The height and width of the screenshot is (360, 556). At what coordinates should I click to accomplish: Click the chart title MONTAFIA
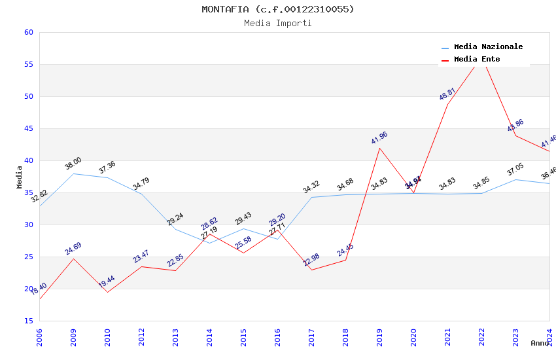(278, 9)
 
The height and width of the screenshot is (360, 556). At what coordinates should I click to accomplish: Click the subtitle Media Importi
(278, 24)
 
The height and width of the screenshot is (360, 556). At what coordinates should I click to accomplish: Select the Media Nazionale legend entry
(488, 46)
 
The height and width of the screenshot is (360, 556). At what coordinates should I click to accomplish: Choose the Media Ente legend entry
(477, 59)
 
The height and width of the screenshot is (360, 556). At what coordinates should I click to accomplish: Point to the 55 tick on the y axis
(28, 64)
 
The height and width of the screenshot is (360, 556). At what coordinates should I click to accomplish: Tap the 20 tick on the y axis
(28, 289)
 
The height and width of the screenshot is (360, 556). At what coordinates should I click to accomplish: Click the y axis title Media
(20, 177)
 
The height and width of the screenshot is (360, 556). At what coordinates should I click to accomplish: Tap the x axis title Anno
(540, 343)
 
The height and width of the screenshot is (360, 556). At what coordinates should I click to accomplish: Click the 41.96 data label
(379, 137)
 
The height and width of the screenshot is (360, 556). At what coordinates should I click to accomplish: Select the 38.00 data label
(73, 164)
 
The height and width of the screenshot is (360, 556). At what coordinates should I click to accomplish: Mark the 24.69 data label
(73, 249)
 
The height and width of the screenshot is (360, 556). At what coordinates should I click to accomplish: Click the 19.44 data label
(107, 281)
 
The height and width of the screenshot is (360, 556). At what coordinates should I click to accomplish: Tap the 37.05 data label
(515, 170)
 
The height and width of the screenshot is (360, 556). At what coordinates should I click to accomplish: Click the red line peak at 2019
(379, 148)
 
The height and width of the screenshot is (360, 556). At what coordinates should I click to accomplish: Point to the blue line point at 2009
(73, 173)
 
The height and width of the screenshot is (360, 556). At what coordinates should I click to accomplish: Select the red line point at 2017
(311, 270)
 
